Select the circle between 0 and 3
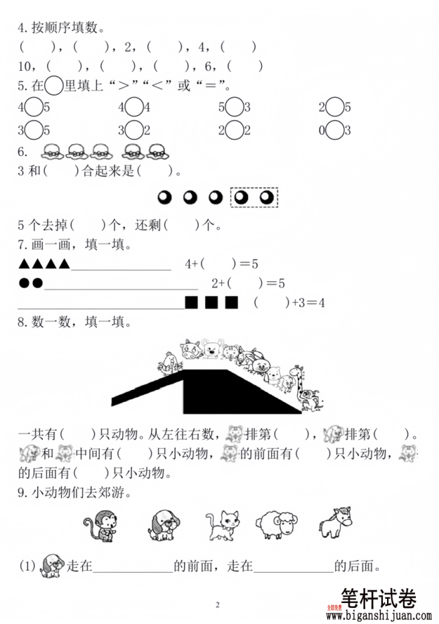click(335, 131)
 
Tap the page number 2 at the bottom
click(218, 605)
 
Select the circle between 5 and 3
click(235, 108)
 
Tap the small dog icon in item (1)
click(52, 564)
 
